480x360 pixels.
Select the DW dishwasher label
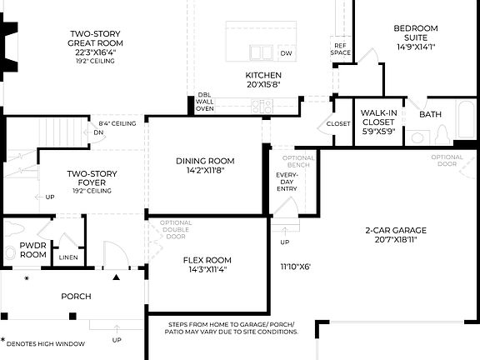coord(287,53)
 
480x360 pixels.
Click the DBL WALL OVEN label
coord(205,102)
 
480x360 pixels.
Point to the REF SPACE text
coord(340,49)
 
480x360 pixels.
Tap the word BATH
coord(431,114)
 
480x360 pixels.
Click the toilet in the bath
coord(442,135)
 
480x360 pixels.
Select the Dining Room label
coord(205,161)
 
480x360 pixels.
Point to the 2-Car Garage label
coord(395,229)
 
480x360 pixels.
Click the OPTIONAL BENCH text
coord(299,162)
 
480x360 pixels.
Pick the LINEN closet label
coord(68,258)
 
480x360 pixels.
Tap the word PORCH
coord(76,296)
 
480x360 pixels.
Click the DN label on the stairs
coord(97,132)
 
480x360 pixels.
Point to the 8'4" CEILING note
coord(117,122)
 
